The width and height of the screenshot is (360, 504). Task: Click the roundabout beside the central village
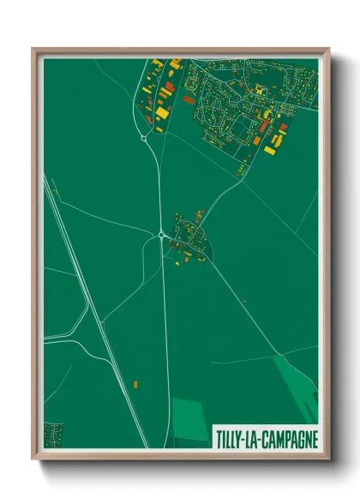tap(161, 233)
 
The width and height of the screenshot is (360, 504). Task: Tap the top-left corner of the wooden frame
tap(34, 49)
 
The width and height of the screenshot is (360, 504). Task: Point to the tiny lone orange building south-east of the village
tap(245, 301)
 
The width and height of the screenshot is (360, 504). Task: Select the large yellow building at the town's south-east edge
tap(270, 150)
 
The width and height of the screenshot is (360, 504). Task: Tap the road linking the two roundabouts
tap(157, 184)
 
